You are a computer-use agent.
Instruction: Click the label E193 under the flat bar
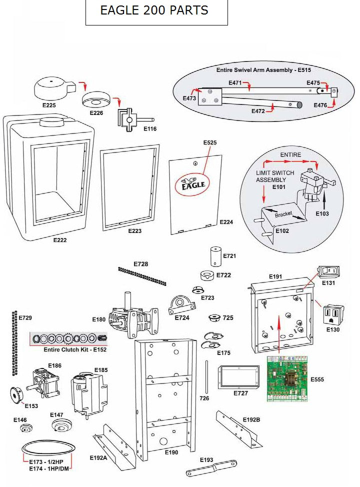tap(206, 459)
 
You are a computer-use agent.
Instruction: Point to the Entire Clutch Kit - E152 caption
tap(75, 349)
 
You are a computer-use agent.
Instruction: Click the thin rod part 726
tap(206, 377)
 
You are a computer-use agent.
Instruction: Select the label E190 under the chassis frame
tap(171, 452)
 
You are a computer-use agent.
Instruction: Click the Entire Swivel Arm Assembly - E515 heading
tap(262, 69)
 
